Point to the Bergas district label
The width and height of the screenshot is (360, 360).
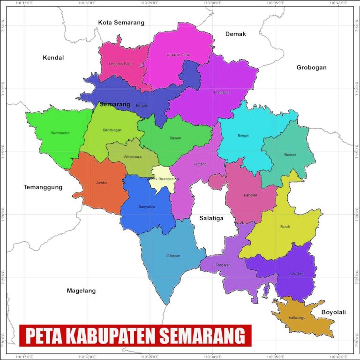click(x=142, y=105)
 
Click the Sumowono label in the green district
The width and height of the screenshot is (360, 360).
click(x=60, y=133)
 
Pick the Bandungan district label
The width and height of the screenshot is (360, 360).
click(x=112, y=130)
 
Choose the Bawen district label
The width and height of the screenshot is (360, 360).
click(x=175, y=138)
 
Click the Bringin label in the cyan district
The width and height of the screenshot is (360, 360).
click(x=243, y=136)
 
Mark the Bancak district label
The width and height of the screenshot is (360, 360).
click(x=290, y=154)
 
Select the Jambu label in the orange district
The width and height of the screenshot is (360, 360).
click(x=101, y=182)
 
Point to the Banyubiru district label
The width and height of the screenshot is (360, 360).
click(x=147, y=207)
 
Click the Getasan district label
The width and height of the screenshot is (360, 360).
click(x=173, y=256)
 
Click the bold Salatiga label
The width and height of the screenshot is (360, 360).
click(x=211, y=218)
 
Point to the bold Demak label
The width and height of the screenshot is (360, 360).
click(x=235, y=34)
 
